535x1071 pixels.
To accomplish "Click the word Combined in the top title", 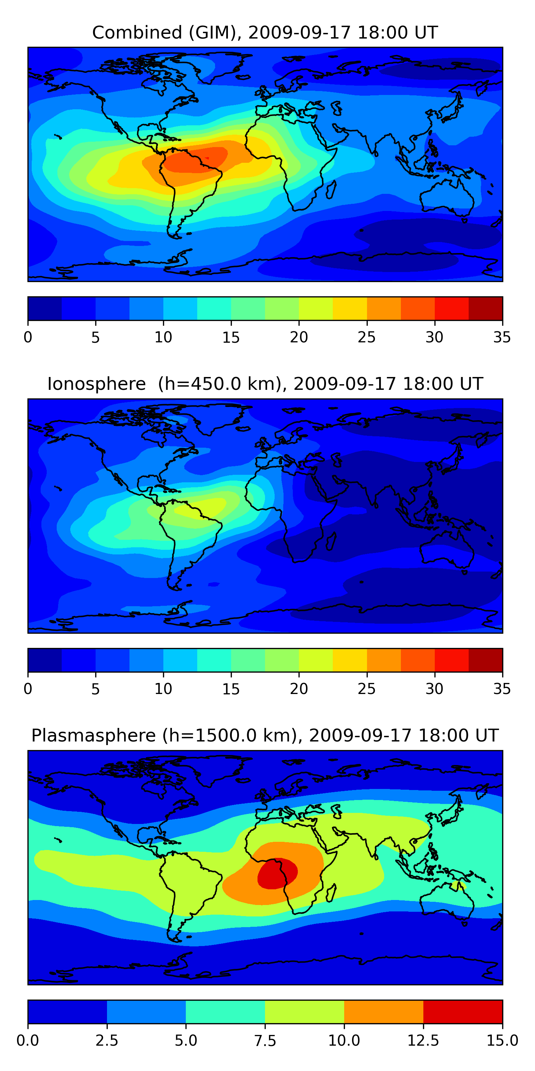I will pos(137,32).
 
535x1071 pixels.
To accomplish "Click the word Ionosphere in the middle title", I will pos(96,384).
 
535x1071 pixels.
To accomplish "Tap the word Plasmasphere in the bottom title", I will pos(93,735).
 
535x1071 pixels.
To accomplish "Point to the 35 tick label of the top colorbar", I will pos(502,337).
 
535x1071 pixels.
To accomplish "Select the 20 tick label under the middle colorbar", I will pos(299,689).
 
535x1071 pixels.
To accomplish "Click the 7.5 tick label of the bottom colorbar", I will pos(265,1041).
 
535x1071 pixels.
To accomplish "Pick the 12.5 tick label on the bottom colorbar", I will pos(423,1041).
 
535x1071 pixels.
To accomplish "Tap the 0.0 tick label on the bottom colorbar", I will pos(28,1041).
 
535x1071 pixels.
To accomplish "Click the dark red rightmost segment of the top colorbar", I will pos(485,308).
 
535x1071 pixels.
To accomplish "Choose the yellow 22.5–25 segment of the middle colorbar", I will pos(350,660).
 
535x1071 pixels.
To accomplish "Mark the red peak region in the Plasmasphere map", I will pos(276,872).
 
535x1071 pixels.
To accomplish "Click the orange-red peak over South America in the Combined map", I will pos(195,160).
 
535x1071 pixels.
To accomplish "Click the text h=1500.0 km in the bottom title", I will pos(229,735).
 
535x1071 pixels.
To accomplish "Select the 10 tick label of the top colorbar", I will pos(163,337).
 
